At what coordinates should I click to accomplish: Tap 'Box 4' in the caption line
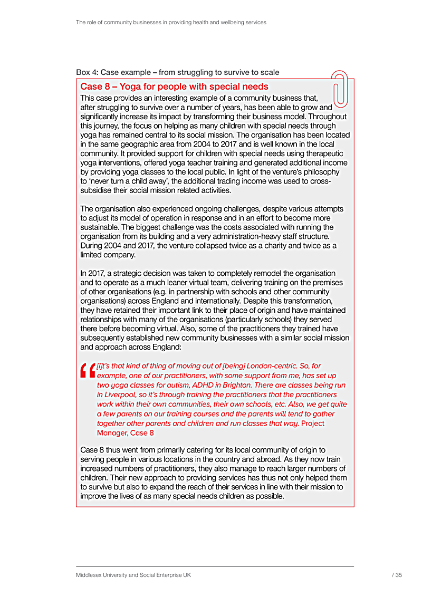[x=86, y=72]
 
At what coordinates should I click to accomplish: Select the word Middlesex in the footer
[x=90, y=575]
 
